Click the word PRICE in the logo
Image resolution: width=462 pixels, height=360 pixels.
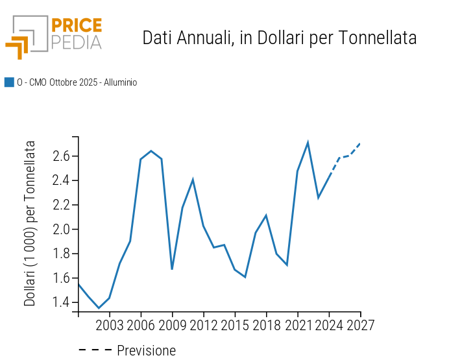(x=76, y=25)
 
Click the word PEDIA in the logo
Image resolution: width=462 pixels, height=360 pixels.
(x=76, y=42)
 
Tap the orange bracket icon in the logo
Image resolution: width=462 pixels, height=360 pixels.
(x=18, y=46)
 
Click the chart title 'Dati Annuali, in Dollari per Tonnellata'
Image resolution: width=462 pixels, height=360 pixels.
(x=279, y=38)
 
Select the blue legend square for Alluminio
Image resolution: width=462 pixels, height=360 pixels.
(x=9, y=82)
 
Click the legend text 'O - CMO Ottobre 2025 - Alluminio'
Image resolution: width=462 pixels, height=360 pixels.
(x=77, y=82)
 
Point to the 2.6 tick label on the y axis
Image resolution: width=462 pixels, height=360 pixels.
(x=62, y=156)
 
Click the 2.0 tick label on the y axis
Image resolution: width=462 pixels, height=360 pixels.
(x=62, y=229)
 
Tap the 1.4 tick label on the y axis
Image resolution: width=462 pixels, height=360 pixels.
(x=62, y=302)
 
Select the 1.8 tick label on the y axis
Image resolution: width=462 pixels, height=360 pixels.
(x=62, y=254)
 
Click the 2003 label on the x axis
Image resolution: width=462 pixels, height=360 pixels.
(x=110, y=325)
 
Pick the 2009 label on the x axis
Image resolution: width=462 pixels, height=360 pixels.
(x=172, y=325)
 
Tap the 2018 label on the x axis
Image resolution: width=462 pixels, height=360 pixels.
(x=266, y=325)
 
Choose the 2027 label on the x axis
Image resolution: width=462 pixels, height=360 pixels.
(x=360, y=325)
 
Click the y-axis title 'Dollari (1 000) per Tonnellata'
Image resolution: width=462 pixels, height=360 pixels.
(x=30, y=223)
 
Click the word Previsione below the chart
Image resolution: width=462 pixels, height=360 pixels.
(x=146, y=351)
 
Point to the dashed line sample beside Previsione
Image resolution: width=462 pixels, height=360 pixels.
(x=95, y=350)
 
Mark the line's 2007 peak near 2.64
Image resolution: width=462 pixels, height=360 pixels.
(x=151, y=151)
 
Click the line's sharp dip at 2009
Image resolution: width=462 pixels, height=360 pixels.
(x=172, y=269)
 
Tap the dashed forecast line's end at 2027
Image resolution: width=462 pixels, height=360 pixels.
(x=360, y=143)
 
